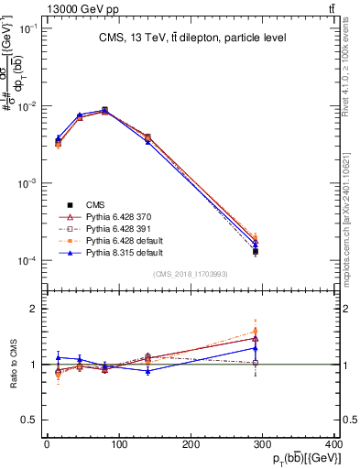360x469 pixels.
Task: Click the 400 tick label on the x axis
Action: pos(335,444)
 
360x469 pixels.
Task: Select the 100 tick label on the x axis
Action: pos(119,444)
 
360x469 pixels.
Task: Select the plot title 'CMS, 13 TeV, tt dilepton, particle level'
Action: pos(191,38)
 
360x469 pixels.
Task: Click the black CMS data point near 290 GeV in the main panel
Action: pos(255,251)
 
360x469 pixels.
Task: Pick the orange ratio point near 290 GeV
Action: pos(255,331)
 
